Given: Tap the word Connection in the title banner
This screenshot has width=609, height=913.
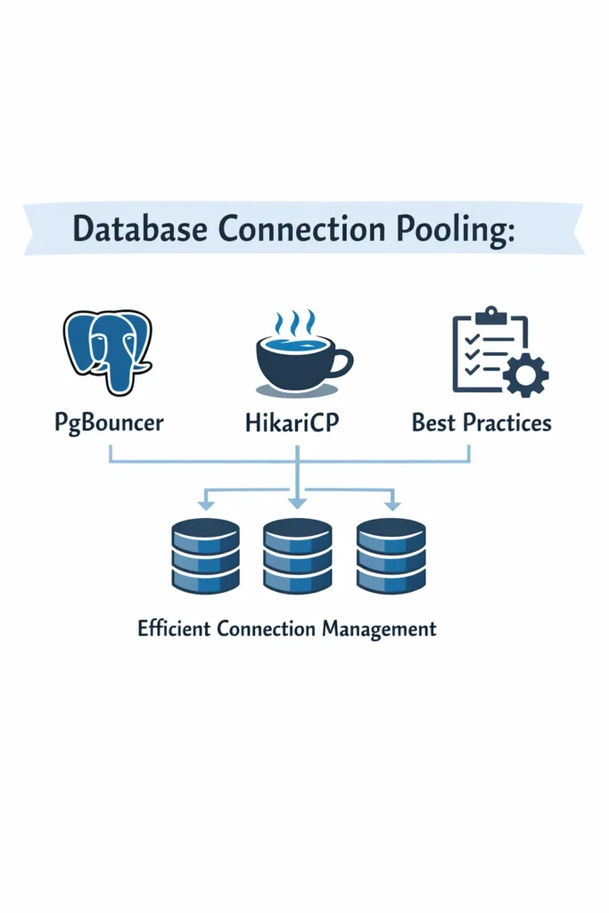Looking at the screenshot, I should tap(300, 229).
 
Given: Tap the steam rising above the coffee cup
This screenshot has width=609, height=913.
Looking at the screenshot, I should tap(294, 322).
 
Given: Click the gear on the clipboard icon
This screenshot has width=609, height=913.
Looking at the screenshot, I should tap(525, 374).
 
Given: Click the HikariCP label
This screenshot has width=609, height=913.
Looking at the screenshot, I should tap(295, 422).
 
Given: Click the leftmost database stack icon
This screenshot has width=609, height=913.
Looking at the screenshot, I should tap(205, 555).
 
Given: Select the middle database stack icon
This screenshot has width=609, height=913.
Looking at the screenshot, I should tap(298, 555).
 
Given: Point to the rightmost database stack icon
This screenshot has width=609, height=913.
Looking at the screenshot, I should tap(391, 555).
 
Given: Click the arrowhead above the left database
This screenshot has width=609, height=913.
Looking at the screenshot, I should tap(205, 505).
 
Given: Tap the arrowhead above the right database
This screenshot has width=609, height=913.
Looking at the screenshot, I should tap(391, 505).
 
